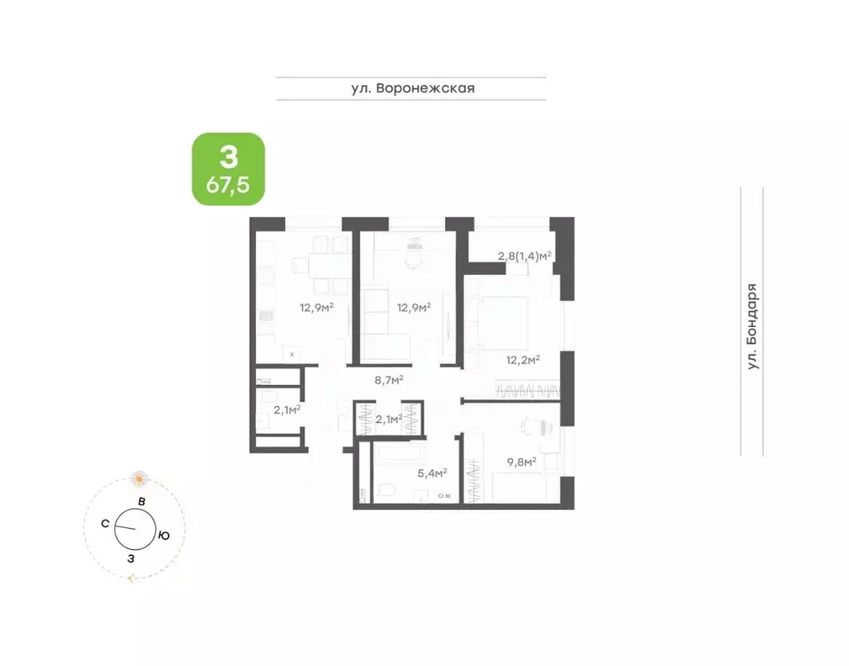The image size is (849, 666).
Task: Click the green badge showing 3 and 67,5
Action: click(228, 168)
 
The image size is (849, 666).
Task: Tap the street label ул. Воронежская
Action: click(411, 88)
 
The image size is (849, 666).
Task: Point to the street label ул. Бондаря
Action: click(752, 328)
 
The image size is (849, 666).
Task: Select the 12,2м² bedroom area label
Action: click(523, 359)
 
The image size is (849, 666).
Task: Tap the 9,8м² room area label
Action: click(520, 461)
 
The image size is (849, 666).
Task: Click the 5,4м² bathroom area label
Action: click(432, 473)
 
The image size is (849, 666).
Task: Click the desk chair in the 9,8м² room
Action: click(531, 427)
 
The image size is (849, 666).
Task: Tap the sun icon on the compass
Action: click(140, 478)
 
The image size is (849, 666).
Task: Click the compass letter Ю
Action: click(163, 535)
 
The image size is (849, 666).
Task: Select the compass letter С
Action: click(104, 523)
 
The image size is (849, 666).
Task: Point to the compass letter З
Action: click(131, 558)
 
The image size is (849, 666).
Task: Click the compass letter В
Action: click(140, 502)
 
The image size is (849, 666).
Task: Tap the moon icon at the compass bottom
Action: click(130, 578)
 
